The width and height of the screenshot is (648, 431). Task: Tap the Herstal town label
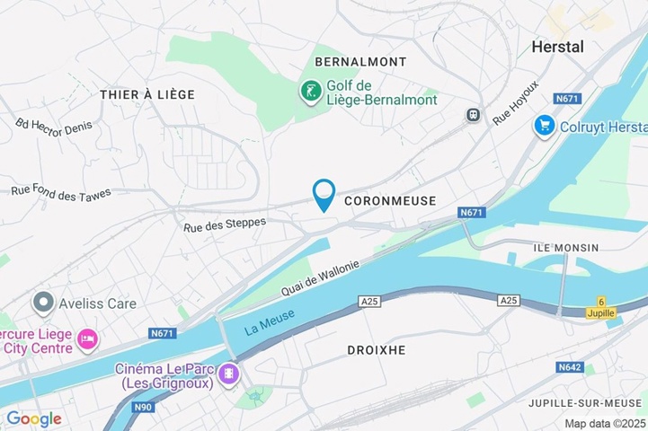557,47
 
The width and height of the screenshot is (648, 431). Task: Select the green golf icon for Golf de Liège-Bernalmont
310,91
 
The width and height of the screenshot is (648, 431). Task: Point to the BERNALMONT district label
360,62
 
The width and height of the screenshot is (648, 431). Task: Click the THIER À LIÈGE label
146,94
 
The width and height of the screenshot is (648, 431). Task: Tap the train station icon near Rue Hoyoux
473,115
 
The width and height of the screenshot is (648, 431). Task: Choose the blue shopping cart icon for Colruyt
543,126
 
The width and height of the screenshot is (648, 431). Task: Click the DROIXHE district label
376,348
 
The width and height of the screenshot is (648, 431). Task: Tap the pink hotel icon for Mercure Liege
88,339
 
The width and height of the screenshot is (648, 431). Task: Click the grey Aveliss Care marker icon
41,303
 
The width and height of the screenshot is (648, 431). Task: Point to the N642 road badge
570,367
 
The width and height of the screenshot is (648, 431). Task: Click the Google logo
33,418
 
